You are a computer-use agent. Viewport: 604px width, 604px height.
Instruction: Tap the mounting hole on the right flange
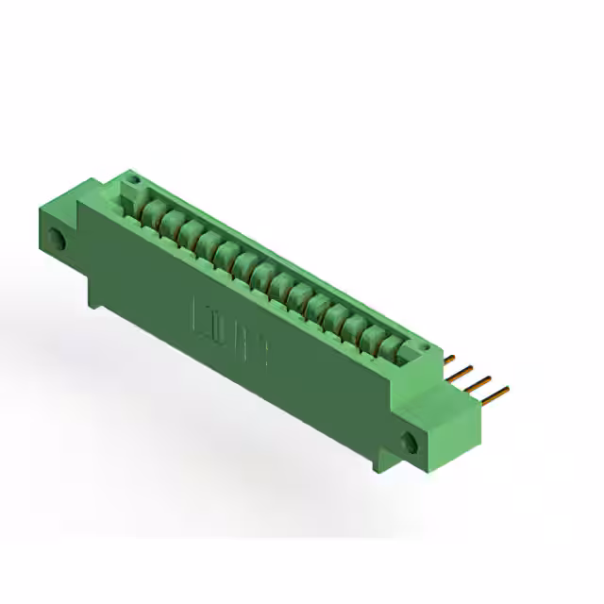coord(410,443)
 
